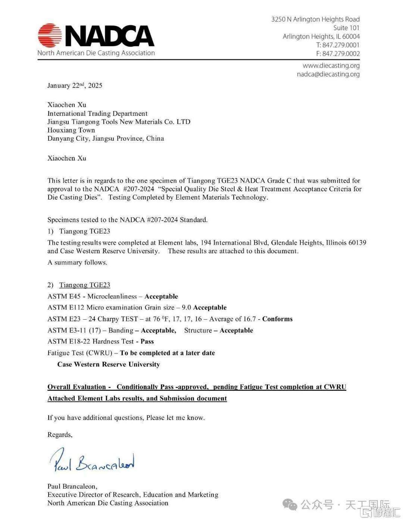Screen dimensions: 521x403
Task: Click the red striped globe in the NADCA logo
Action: pyautogui.click(x=50, y=35)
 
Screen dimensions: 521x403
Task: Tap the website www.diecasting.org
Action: pyautogui.click(x=331, y=66)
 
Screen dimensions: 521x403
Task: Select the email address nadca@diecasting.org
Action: pyautogui.click(x=328, y=74)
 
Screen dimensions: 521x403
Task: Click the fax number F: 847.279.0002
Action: pyautogui.click(x=338, y=54)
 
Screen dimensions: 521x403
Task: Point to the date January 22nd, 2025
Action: pyautogui.click(x=75, y=85)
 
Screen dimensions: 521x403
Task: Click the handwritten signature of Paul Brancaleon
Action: pyautogui.click(x=93, y=461)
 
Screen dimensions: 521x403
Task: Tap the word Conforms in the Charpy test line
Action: pyautogui.click(x=277, y=319)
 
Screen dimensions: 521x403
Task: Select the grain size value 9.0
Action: pyautogui.click(x=186, y=308)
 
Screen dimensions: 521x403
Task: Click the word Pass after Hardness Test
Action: pyautogui.click(x=147, y=341)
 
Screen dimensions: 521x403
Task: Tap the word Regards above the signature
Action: pyautogui.click(x=60, y=434)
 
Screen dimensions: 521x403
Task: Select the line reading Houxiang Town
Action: pyautogui.click(x=71, y=130)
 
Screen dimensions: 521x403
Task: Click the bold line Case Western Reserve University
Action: pyautogui.click(x=108, y=364)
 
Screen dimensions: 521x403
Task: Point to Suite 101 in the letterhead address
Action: pyautogui.click(x=346, y=28)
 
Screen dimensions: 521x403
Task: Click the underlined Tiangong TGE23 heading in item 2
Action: pyautogui.click(x=85, y=285)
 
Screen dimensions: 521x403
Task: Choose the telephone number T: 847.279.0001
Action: pyautogui.click(x=338, y=45)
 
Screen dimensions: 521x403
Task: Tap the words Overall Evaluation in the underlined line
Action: pyautogui.click(x=77, y=387)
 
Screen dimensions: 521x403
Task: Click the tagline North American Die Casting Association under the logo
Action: pyautogui.click(x=96, y=53)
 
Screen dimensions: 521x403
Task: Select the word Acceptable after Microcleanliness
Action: pyautogui.click(x=161, y=296)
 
